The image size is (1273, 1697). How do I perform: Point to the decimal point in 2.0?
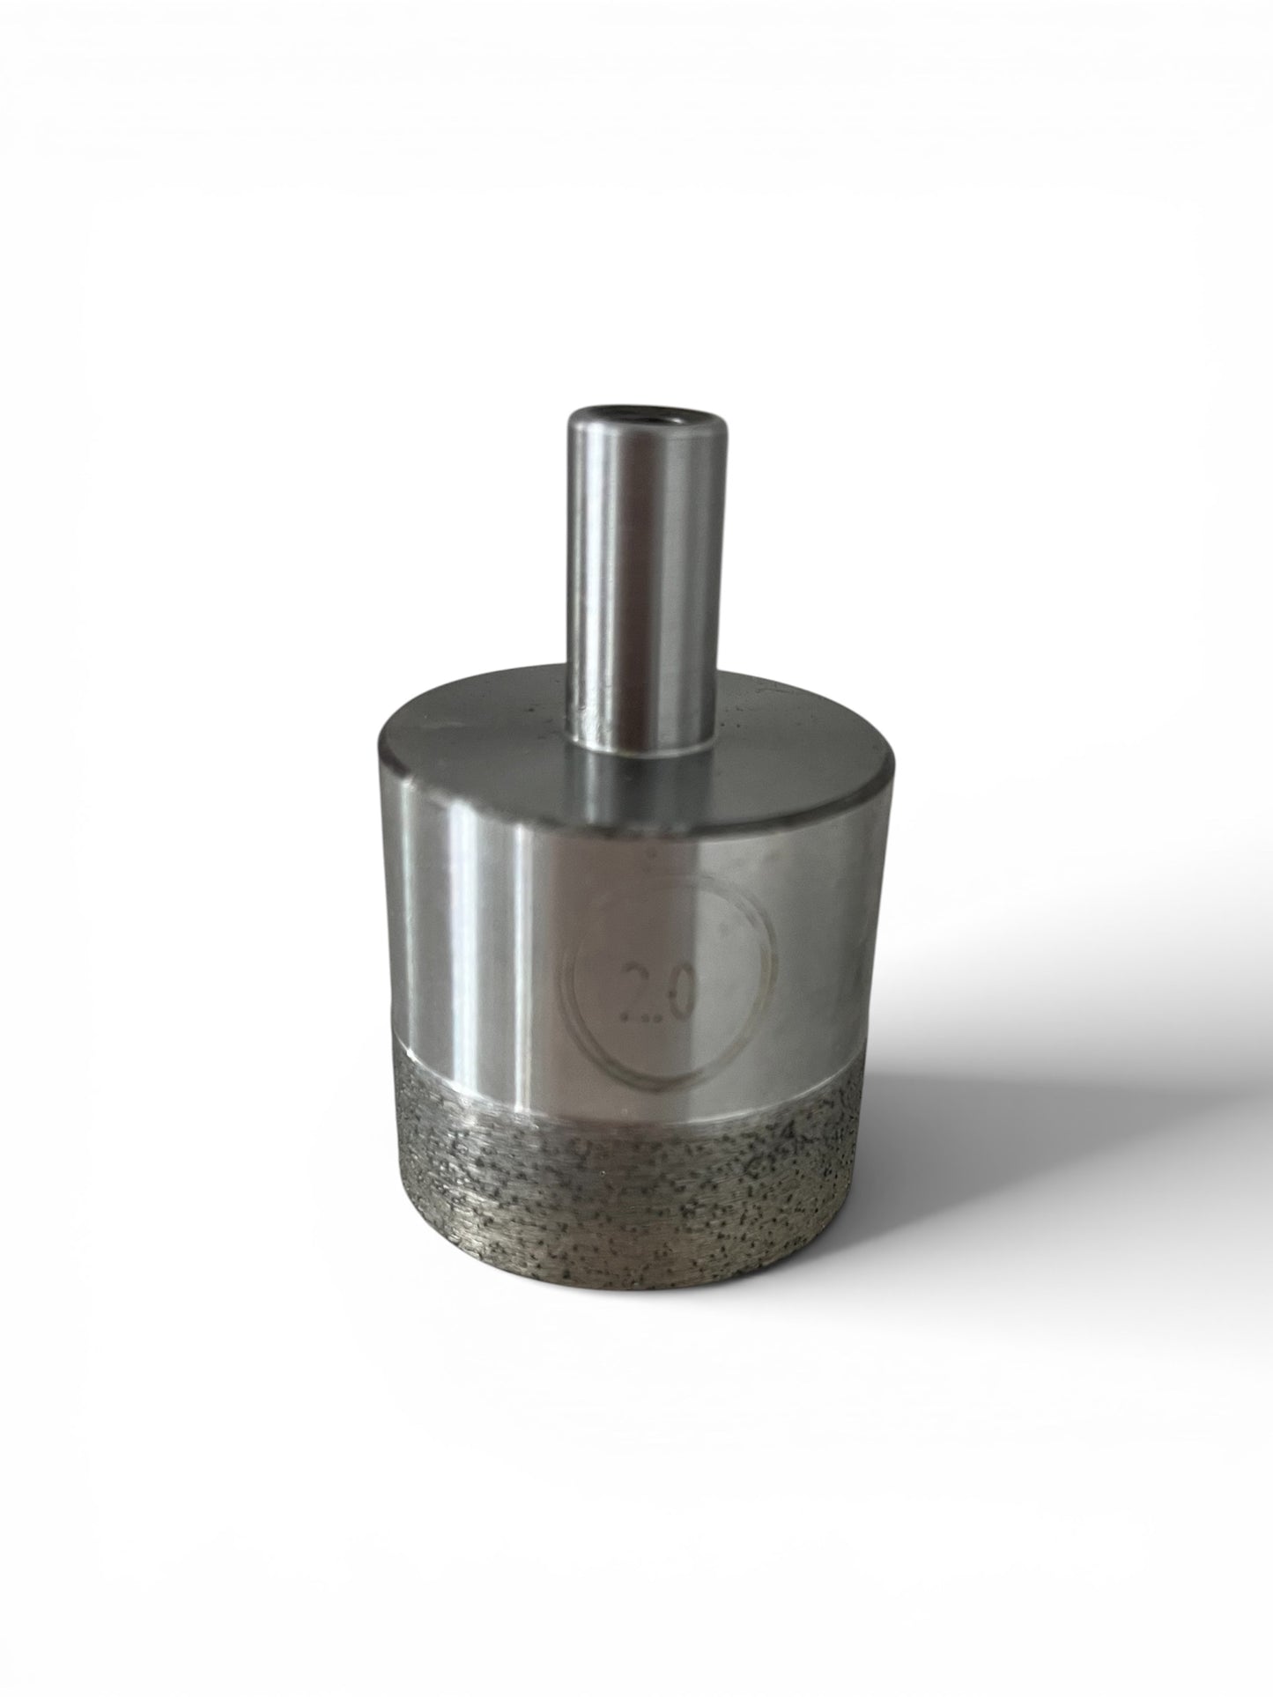656,1015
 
